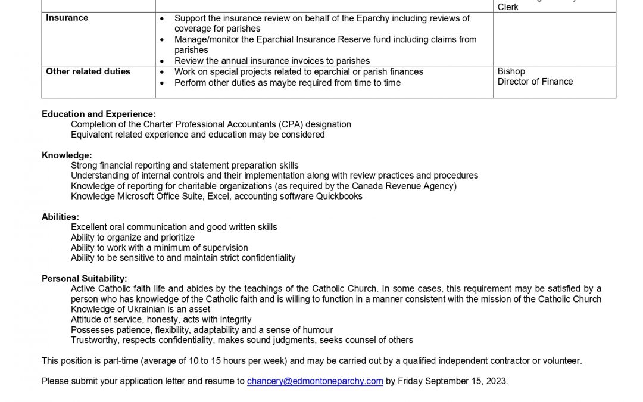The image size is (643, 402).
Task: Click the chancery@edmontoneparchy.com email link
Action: (315, 381)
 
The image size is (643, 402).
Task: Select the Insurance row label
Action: (67, 18)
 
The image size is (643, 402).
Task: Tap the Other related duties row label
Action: (88, 71)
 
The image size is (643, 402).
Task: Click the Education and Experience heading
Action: (99, 114)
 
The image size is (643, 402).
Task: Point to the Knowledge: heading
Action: (67, 155)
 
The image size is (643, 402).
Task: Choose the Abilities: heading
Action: (60, 217)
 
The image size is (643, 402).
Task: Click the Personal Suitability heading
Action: (85, 278)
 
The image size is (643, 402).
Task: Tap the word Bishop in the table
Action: (511, 71)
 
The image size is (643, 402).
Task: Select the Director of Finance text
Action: (535, 82)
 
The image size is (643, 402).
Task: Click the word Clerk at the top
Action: (508, 7)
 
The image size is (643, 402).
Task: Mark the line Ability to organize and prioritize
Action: (133, 238)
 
